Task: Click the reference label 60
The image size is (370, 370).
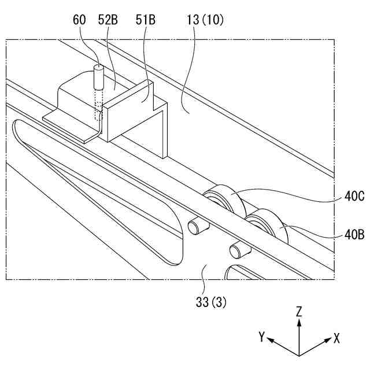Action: [80, 20]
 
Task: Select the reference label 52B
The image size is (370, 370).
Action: [108, 20]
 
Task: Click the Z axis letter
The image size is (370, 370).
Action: [299, 311]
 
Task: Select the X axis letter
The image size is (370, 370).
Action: [336, 337]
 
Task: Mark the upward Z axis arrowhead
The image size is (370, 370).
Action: [299, 322]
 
